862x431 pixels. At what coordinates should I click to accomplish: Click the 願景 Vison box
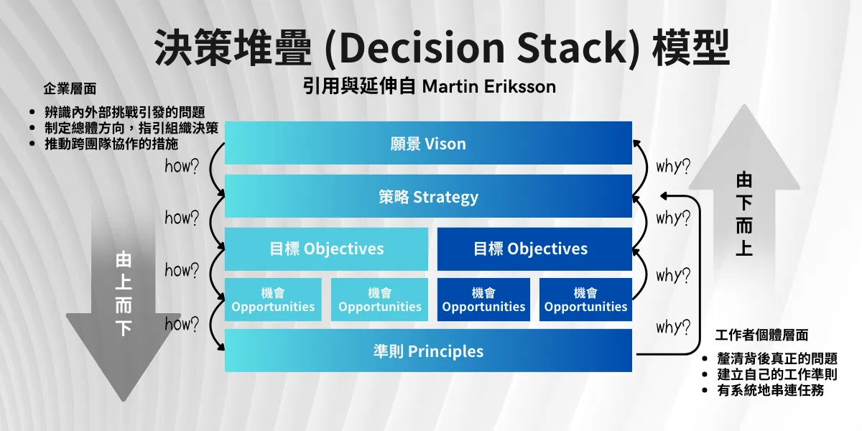tap(428, 143)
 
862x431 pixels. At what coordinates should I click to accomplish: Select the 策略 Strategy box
tap(428, 196)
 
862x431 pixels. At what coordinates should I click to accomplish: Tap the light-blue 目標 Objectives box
tap(326, 249)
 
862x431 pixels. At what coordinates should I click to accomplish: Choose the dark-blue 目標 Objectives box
tap(534, 249)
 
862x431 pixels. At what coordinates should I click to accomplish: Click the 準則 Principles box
tap(428, 351)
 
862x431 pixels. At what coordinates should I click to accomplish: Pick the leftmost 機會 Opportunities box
tap(273, 300)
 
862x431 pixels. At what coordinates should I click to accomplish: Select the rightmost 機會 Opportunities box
tap(585, 300)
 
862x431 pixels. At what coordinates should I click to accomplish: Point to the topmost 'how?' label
tap(182, 166)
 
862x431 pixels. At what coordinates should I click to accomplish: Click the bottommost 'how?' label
tap(182, 324)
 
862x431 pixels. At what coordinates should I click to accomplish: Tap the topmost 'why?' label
tap(673, 167)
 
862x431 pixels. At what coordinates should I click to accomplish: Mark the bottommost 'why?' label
tap(673, 328)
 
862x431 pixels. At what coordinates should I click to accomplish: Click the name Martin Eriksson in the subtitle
tap(489, 87)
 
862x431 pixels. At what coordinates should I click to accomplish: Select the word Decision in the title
tap(422, 48)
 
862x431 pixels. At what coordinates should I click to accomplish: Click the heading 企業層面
tap(70, 89)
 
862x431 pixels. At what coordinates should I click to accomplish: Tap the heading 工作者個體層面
tap(761, 335)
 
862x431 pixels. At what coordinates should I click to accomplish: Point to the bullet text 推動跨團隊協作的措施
tap(111, 144)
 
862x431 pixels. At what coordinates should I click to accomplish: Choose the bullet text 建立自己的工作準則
tap(777, 374)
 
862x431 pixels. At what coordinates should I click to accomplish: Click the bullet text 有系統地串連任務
tap(770, 391)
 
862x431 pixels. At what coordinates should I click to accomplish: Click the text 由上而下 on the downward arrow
tap(124, 294)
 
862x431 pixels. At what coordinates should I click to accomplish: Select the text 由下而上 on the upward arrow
tap(744, 214)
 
